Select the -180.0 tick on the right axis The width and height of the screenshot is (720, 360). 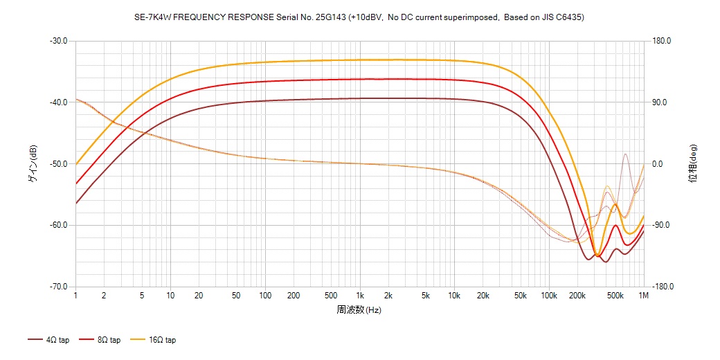point(661,287)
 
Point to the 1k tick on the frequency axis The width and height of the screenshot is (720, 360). point(359,296)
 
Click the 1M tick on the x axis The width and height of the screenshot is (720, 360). point(644,296)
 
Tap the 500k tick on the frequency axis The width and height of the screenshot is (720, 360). point(615,296)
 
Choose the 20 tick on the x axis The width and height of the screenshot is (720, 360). point(199,296)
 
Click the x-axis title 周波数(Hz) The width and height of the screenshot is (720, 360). point(359,310)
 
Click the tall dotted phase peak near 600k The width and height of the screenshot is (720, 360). point(625,154)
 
